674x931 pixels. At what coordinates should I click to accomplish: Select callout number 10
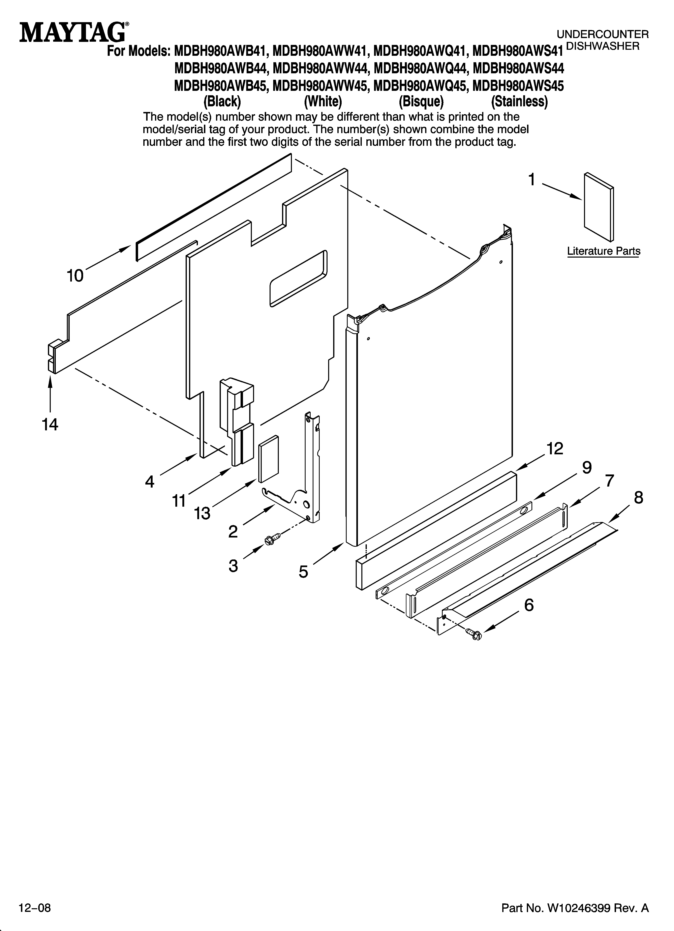(75, 275)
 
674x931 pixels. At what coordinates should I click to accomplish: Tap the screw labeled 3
(273, 539)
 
